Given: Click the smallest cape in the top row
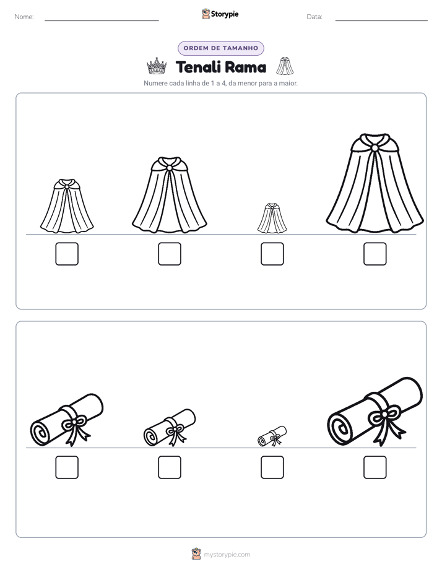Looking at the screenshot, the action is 272,219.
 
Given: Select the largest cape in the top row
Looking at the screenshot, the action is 375,183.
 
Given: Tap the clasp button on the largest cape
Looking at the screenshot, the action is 375,148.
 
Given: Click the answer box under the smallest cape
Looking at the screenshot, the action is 272,254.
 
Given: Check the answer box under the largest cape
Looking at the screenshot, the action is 375,254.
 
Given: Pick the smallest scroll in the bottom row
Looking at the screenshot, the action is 272,436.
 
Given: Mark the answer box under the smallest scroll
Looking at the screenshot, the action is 272,467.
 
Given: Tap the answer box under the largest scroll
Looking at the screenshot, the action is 375,467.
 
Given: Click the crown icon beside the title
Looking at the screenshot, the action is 157,66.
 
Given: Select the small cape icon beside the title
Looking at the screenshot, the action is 285,66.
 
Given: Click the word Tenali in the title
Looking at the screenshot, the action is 198,67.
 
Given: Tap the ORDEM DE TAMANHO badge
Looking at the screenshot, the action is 220,48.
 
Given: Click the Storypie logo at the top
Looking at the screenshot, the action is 220,14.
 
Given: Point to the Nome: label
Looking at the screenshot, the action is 24,17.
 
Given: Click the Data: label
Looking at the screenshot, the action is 314,17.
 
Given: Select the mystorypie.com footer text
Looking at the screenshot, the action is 227,555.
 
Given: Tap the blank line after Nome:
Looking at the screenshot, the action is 102,20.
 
